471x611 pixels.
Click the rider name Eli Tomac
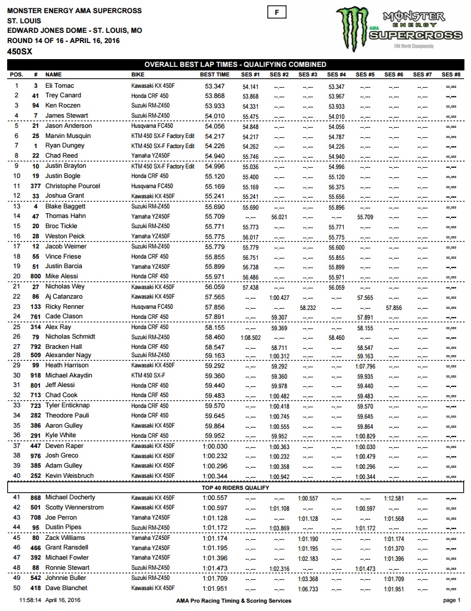(59, 86)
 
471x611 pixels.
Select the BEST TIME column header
(214, 75)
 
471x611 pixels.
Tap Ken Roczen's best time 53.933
(214, 106)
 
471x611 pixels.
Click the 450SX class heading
(19, 52)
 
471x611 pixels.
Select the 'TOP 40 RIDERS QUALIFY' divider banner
(235, 488)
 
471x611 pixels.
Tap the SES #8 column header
(451, 75)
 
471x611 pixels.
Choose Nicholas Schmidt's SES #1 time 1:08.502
(250, 337)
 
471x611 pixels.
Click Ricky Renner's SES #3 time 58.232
(307, 307)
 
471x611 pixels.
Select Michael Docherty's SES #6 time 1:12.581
(393, 498)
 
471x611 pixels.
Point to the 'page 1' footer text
(451, 600)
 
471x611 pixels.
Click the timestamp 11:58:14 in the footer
(30, 600)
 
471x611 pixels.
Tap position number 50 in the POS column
(16, 588)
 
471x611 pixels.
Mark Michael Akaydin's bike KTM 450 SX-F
(151, 377)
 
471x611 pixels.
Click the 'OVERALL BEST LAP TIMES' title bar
(235, 65)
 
